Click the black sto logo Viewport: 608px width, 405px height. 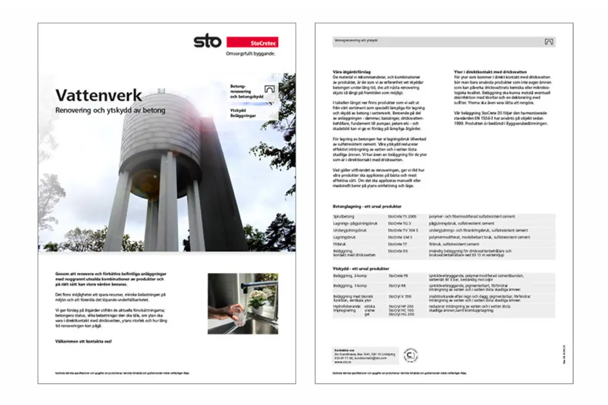click(207, 42)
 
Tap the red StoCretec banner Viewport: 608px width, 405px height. click(252, 42)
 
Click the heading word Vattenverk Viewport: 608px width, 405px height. click(98, 95)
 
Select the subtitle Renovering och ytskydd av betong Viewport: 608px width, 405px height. click(110, 110)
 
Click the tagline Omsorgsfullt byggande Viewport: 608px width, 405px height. click(251, 53)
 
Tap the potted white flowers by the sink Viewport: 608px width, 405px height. click(256, 299)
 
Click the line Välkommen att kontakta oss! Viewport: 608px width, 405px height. click(83, 342)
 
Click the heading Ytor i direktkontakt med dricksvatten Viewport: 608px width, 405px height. click(489, 72)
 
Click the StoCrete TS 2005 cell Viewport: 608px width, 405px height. click(402, 217)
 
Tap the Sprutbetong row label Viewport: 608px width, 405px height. click(343, 217)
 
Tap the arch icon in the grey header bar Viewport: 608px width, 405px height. click(549, 42)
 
